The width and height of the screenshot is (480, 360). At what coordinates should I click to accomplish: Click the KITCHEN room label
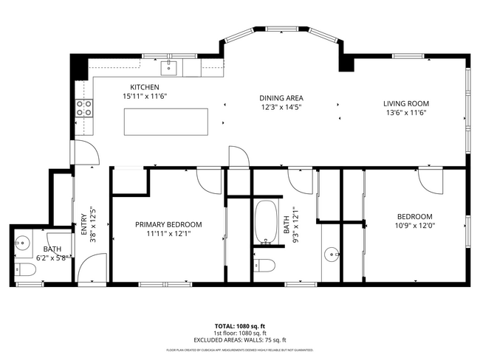point(145,87)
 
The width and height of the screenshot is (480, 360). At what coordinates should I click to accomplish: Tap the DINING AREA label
point(281,98)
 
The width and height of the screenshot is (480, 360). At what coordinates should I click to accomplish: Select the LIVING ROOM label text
point(405,103)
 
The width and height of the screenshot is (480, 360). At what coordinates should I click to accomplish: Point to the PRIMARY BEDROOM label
point(168,224)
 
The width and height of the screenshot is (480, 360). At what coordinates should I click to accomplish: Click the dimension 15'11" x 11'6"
point(145,96)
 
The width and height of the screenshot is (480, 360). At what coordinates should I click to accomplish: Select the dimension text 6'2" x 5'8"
point(54,258)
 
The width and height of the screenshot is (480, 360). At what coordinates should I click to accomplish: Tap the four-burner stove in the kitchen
point(84,109)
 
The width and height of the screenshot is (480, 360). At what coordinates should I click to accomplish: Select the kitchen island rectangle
point(165,122)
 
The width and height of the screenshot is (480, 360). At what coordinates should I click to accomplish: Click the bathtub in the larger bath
point(265,221)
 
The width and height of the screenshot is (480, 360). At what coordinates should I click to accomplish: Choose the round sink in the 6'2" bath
point(21,243)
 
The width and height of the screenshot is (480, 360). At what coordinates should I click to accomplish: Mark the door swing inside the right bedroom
point(430,181)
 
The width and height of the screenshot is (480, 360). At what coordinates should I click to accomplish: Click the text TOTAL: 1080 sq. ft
point(239,325)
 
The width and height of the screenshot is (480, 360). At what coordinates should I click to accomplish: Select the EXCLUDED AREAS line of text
point(239,339)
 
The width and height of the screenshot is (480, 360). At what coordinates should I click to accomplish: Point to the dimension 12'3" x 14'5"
point(281,107)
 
